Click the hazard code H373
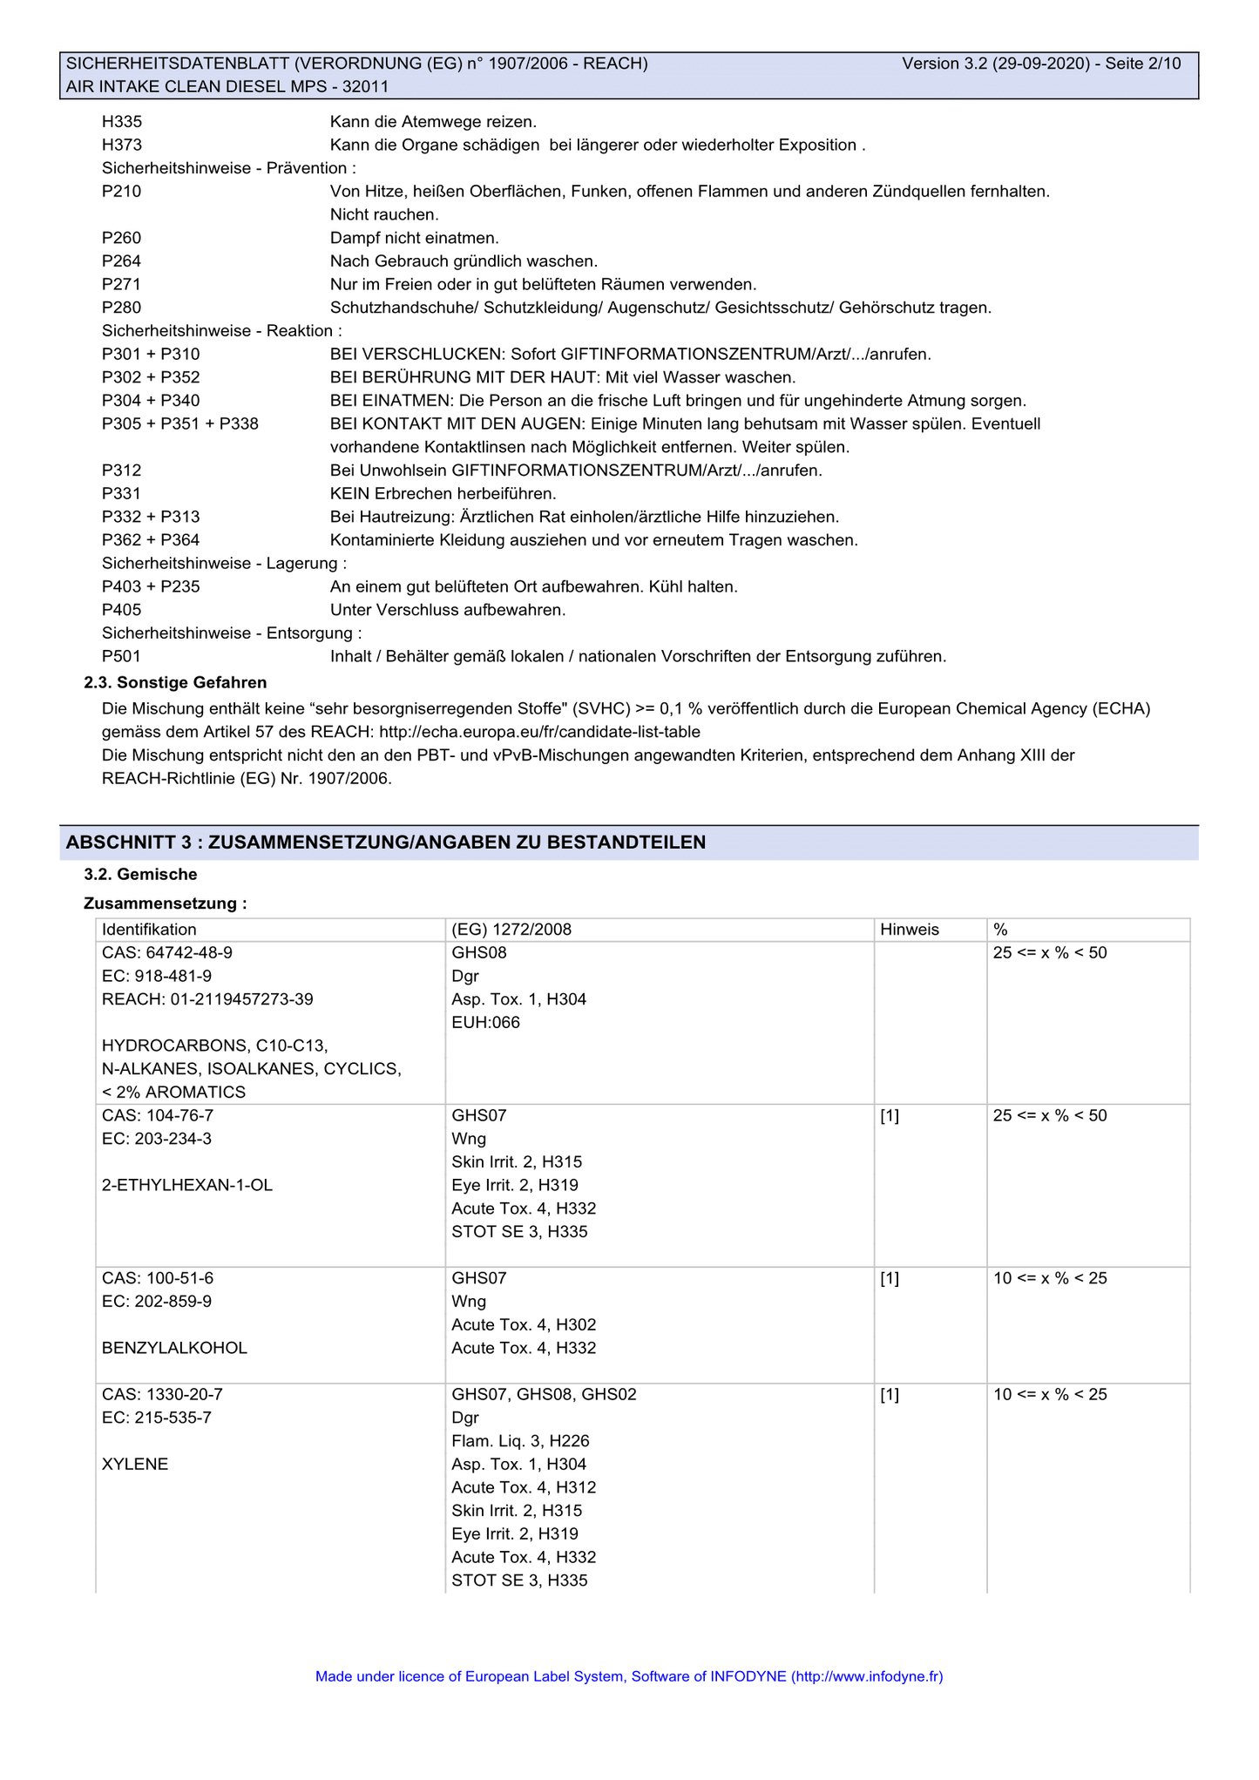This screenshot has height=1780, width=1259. (122, 146)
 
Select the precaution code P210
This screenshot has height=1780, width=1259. (121, 192)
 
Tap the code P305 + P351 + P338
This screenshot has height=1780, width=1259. (179, 424)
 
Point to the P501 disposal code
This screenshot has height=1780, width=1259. (121, 656)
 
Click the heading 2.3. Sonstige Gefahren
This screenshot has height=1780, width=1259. (175, 682)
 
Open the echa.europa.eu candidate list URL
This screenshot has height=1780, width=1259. (539, 732)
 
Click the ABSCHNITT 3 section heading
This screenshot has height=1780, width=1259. (386, 843)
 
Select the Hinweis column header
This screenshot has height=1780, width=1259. (909, 930)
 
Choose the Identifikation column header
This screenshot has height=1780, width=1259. (149, 930)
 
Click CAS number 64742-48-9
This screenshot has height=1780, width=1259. (167, 953)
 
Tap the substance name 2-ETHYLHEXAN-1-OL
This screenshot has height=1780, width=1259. (187, 1185)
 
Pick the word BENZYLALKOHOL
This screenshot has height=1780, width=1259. (174, 1348)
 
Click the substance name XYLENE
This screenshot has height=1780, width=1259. (135, 1465)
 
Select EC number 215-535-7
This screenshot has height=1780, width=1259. (157, 1418)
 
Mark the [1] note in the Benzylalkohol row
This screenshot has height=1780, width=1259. (890, 1278)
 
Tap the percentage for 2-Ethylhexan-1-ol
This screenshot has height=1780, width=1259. (1049, 1115)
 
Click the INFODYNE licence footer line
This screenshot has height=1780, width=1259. (629, 1676)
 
